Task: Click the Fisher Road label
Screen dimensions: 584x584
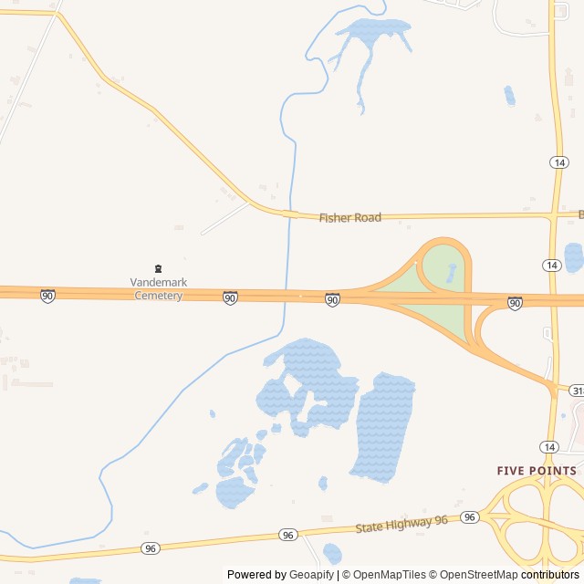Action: [x=350, y=217]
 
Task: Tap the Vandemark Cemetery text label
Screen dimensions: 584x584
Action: [x=158, y=288]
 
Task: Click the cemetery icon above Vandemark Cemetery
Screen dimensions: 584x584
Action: [x=158, y=268]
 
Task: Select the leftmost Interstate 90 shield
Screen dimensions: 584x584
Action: [x=47, y=296]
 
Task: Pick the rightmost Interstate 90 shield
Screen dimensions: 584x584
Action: [x=515, y=302]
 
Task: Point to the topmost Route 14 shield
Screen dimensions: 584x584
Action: [x=558, y=162]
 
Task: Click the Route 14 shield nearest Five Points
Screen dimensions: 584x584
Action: [x=548, y=446]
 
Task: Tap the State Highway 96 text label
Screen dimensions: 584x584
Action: [x=401, y=524]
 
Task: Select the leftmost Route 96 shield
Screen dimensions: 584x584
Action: [x=150, y=547]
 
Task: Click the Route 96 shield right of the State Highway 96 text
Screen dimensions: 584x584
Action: [x=469, y=517]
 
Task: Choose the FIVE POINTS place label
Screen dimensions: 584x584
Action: [x=537, y=471]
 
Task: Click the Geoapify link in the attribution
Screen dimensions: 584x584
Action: [x=311, y=575]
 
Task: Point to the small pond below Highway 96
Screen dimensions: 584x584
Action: [x=332, y=553]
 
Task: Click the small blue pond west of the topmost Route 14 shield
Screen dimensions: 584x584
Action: [x=509, y=95]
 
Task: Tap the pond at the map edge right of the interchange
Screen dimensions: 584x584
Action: [x=573, y=257]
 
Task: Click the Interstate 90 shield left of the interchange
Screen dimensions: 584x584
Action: [x=332, y=299]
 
